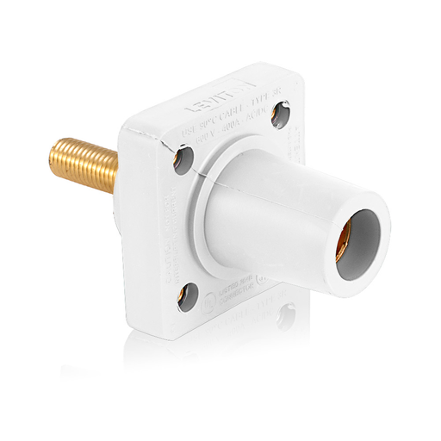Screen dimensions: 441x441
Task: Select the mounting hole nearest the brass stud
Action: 184,158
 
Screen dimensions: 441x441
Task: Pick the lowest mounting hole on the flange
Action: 186,297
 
